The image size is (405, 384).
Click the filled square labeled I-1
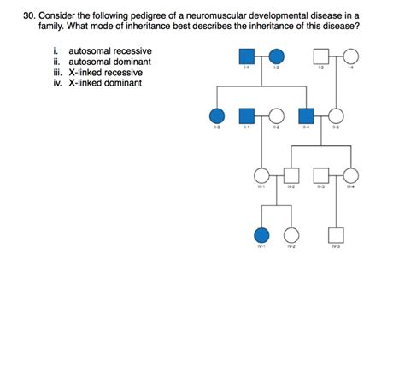click(x=247, y=57)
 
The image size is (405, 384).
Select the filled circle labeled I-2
click(x=276, y=57)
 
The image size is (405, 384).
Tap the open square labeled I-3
click(x=321, y=57)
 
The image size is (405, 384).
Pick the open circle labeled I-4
click(x=350, y=57)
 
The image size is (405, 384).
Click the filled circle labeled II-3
click(x=217, y=116)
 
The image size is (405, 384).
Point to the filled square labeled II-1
click(x=247, y=116)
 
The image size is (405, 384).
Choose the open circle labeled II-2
click(x=276, y=116)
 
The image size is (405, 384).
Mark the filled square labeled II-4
click(x=307, y=116)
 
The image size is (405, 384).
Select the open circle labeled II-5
click(x=336, y=116)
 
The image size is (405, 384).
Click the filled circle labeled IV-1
click(x=261, y=234)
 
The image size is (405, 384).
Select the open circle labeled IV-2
click(x=291, y=234)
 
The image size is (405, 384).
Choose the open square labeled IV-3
click(x=336, y=234)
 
